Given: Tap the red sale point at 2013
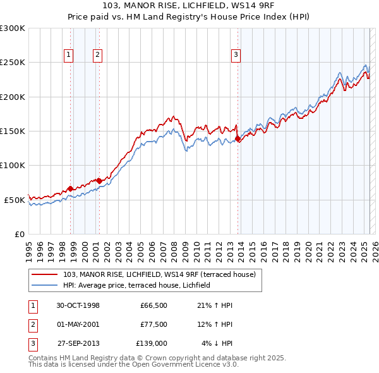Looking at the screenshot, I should pos(238,138).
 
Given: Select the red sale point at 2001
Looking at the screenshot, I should pos(99,181).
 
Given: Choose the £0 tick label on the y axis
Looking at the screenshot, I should pos(19,234).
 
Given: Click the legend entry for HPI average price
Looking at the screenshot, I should pos(140,285).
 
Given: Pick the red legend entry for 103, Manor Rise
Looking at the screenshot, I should pos(159,274).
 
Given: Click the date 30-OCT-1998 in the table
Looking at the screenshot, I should pos(78,305).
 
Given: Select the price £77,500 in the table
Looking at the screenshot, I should pos(153,324).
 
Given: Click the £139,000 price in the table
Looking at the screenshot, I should pos(152,343).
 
